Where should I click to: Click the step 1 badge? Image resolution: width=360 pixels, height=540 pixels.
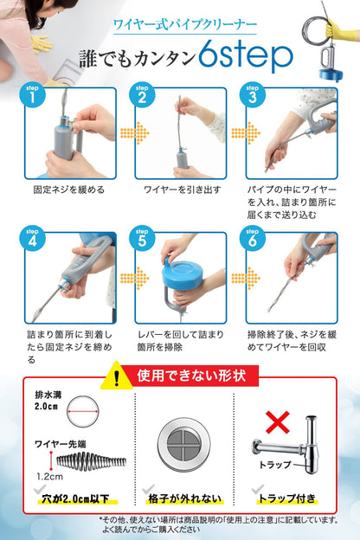coord(32,96)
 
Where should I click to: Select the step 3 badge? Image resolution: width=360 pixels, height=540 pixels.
coord(252,96)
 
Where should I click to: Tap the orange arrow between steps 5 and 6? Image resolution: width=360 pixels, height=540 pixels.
coord(236,279)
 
